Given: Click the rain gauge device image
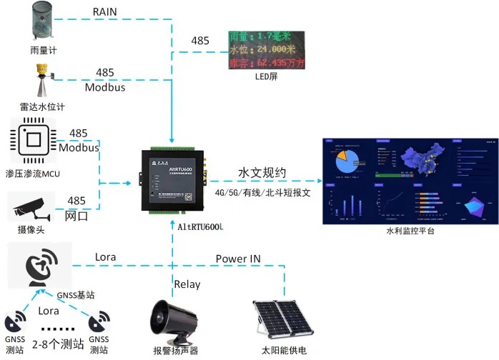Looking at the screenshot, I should point(42,21).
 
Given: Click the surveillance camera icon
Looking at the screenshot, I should point(31,209).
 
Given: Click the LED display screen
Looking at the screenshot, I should point(266,50).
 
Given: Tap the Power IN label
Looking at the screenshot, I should point(243,258).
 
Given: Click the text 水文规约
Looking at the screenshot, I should point(262,173).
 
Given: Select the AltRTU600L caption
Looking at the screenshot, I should point(197,227).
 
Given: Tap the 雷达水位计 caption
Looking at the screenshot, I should point(42,106).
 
